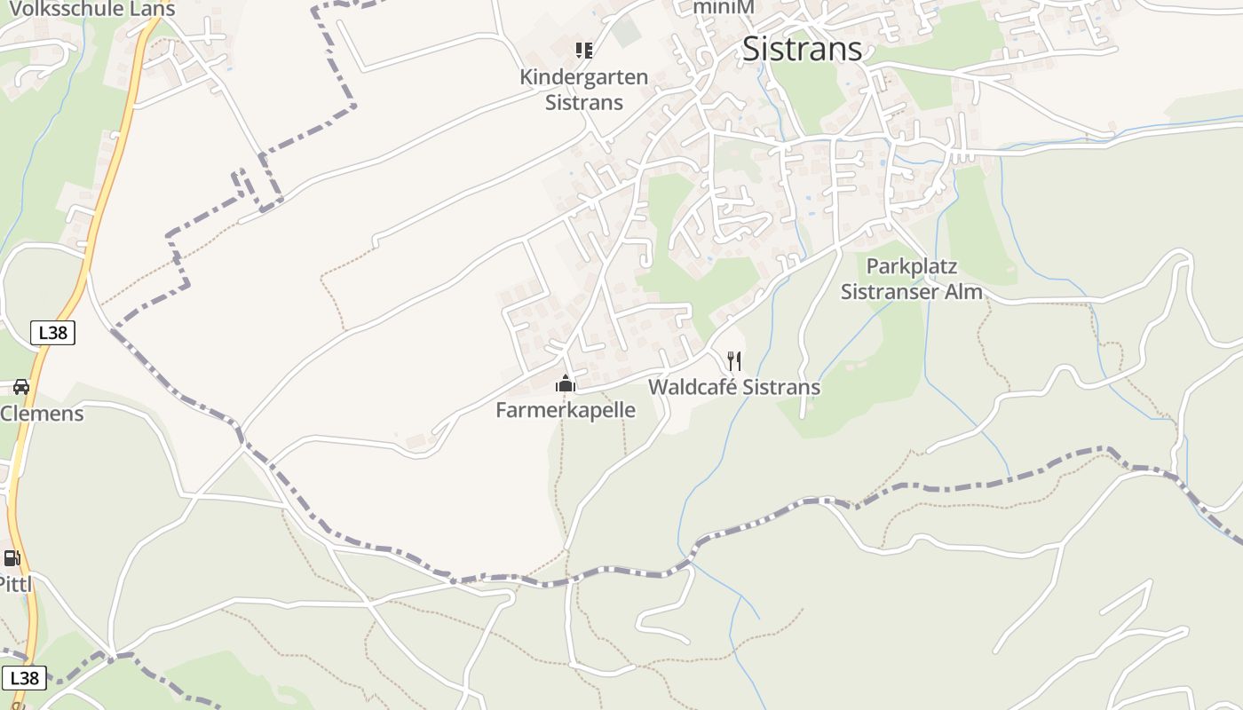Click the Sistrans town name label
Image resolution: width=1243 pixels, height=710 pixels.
[802, 49]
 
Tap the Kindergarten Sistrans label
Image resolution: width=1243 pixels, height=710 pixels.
[583, 90]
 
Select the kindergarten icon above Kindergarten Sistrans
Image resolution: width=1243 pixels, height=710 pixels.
[583, 50]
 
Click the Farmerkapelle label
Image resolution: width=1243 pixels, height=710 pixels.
[566, 410]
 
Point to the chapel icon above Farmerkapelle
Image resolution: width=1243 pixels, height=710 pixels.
[566, 383]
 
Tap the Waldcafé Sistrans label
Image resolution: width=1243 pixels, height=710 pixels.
[734, 388]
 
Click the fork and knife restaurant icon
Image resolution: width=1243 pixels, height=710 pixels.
[734, 360]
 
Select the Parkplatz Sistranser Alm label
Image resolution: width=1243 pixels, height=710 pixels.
[912, 279]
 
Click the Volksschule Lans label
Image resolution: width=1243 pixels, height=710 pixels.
[92, 10]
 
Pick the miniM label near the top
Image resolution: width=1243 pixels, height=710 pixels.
[724, 8]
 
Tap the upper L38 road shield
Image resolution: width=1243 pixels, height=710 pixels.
[53, 333]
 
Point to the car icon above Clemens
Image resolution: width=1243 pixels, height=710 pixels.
[21, 387]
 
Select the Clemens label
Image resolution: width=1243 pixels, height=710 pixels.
[42, 414]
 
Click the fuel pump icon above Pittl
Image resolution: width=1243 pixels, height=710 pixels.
[12, 558]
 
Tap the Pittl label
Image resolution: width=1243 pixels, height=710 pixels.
[15, 584]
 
